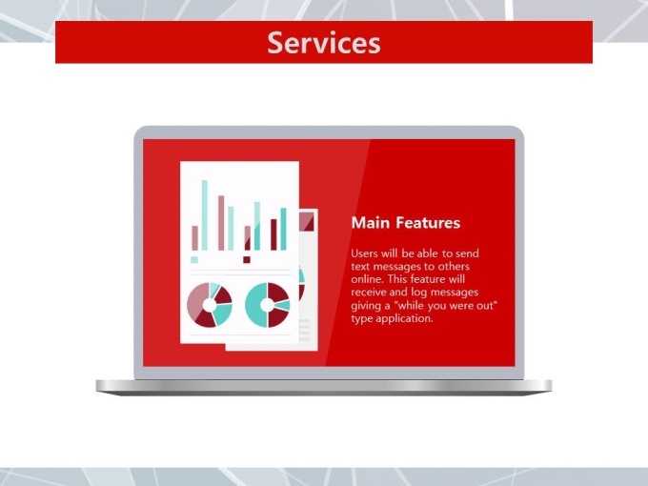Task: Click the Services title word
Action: click(324, 43)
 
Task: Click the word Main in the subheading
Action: click(371, 223)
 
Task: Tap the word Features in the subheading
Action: click(428, 223)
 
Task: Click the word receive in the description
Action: click(369, 293)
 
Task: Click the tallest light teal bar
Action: click(205, 215)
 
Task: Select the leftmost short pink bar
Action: click(195, 237)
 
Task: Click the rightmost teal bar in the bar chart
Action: click(284, 229)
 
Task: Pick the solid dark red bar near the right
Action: click(273, 234)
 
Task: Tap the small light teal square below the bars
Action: click(194, 259)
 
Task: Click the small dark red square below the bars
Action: click(247, 259)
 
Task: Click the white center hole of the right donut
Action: click(267, 305)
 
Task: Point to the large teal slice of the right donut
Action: click(254, 306)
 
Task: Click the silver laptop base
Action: click(324, 387)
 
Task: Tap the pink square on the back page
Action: click(307, 221)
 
